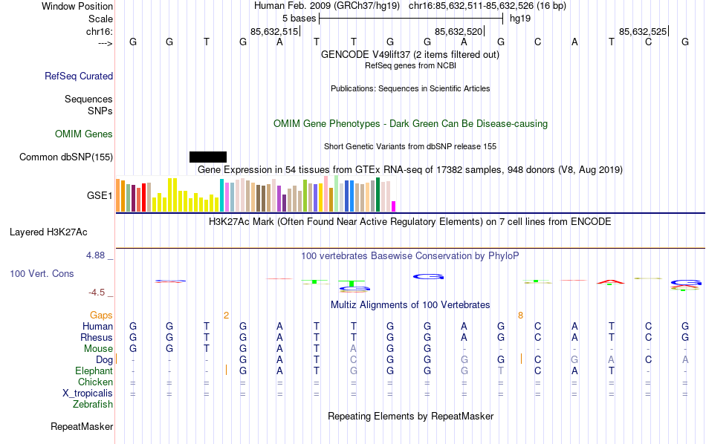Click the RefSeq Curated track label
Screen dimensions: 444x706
79,76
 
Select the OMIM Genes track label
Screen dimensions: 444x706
84,134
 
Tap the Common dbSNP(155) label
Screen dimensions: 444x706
66,157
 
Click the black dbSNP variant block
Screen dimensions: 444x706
208,157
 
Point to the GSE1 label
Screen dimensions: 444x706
100,195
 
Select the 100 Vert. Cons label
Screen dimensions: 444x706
42,274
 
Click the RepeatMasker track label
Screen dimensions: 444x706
82,427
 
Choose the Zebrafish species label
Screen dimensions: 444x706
93,405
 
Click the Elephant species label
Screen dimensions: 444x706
94,370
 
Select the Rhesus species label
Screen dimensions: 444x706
97,337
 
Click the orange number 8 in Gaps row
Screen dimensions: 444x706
521,315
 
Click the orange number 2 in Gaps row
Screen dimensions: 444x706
226,315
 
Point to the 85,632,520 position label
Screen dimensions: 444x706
459,31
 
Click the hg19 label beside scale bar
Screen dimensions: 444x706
519,18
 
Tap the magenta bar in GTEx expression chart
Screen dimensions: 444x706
394,206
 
